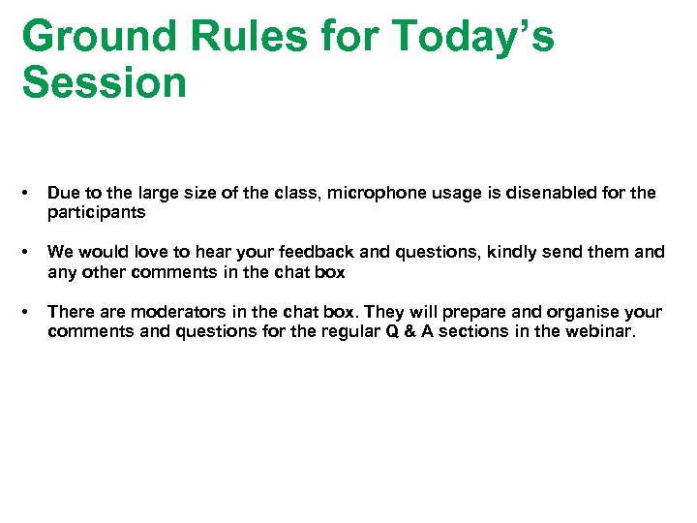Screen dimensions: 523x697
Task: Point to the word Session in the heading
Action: point(104,82)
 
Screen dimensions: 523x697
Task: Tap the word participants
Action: point(96,211)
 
